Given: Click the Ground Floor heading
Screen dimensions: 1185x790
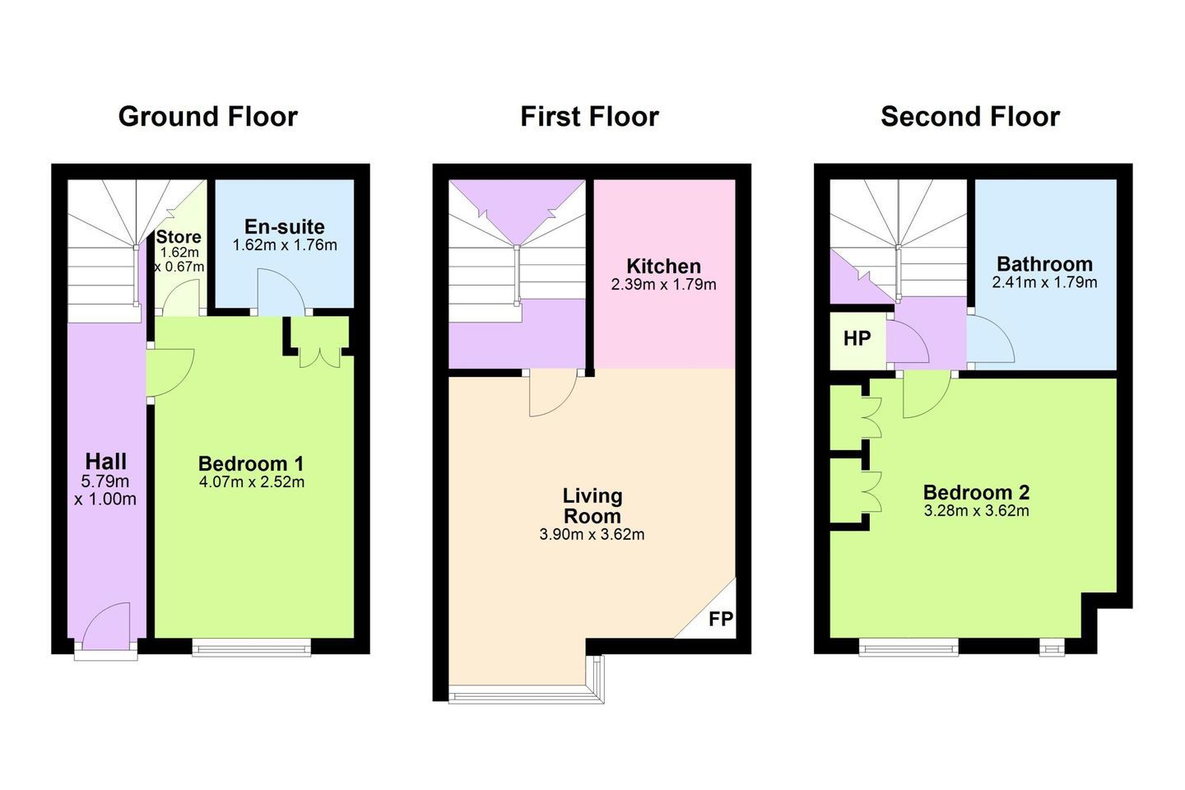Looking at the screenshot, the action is click(x=208, y=117).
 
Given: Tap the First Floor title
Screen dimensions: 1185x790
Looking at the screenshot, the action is click(x=589, y=116).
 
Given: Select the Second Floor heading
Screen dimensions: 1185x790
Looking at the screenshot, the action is click(x=970, y=116).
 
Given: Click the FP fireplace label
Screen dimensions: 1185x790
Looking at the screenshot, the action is click(x=721, y=619).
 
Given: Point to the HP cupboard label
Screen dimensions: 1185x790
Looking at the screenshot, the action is click(x=857, y=339).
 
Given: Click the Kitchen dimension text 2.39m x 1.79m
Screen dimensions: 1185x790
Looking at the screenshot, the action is click(x=663, y=285).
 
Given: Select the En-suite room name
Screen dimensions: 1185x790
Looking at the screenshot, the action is click(x=285, y=226).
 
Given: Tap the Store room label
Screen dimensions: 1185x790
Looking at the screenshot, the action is click(x=179, y=236).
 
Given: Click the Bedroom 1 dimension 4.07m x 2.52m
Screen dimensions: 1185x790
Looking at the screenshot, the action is click(x=252, y=482).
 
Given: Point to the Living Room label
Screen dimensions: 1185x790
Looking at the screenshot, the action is click(x=592, y=506).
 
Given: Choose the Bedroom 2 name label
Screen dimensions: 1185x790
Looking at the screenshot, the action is click(x=976, y=492).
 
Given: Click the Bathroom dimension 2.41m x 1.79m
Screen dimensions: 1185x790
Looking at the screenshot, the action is click(x=1044, y=282).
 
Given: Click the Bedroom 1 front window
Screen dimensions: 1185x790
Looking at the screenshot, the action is click(x=251, y=648).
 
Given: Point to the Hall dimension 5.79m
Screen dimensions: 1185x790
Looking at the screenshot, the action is click(x=105, y=481).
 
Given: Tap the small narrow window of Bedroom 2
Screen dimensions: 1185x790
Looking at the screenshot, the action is click(x=1052, y=648).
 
